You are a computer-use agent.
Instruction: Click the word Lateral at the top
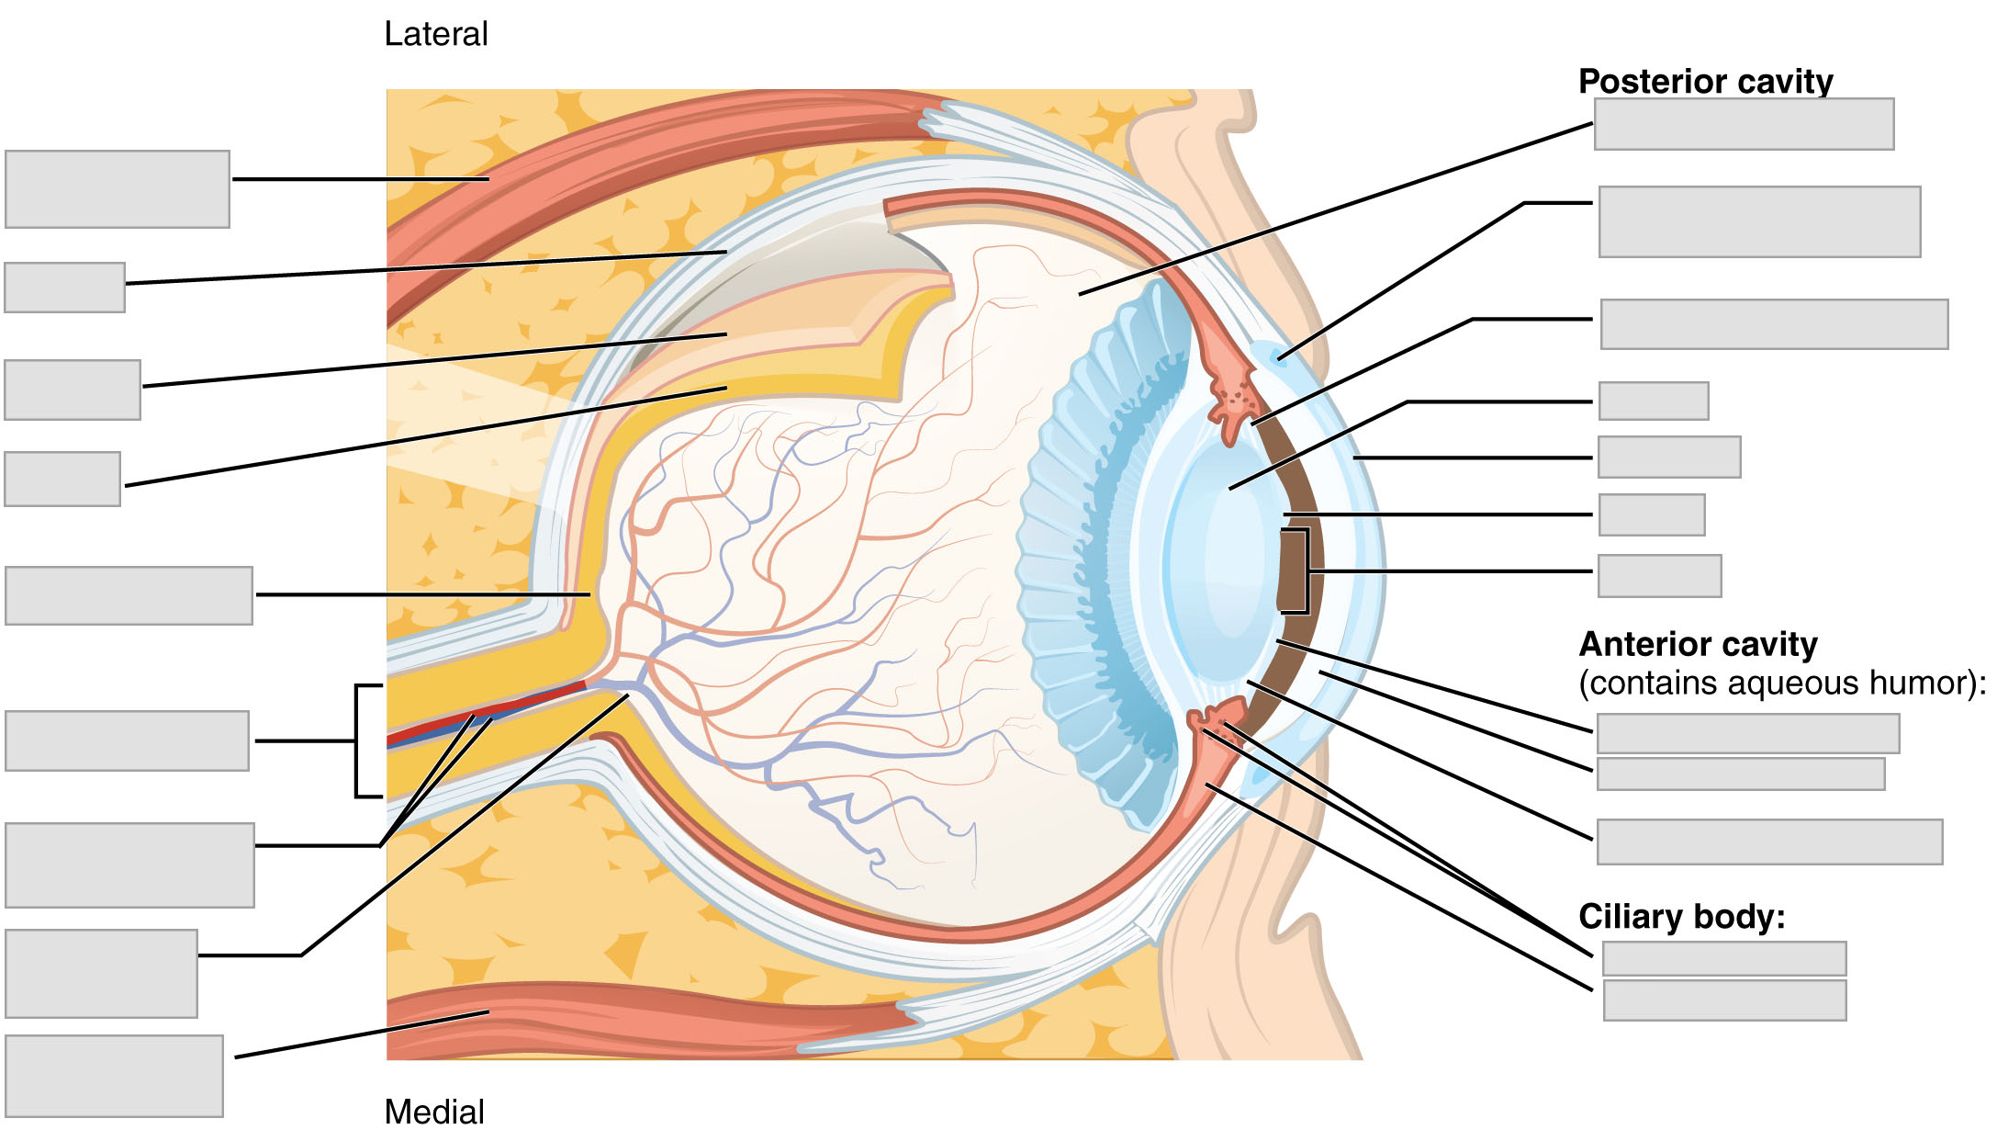tap(435, 35)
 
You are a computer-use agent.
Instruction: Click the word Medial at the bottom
tap(433, 1112)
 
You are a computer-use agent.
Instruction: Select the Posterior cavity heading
tap(1705, 81)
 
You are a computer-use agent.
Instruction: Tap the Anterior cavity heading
tap(1698, 644)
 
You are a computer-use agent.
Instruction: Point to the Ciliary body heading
tap(1681, 916)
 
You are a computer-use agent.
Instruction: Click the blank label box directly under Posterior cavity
tap(1744, 124)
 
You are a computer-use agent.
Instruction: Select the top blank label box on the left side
tap(118, 189)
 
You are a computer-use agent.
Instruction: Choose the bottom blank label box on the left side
tap(114, 1076)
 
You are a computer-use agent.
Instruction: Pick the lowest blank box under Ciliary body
tap(1724, 1000)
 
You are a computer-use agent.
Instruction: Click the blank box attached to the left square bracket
tap(127, 740)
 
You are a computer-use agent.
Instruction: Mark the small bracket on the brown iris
tap(1303, 570)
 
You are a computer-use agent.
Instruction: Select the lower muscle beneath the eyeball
tap(643, 1015)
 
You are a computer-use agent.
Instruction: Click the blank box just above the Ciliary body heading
tap(1769, 842)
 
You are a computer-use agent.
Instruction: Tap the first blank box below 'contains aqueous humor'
tap(1747, 734)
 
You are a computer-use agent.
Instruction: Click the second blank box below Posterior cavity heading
tap(1759, 222)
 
